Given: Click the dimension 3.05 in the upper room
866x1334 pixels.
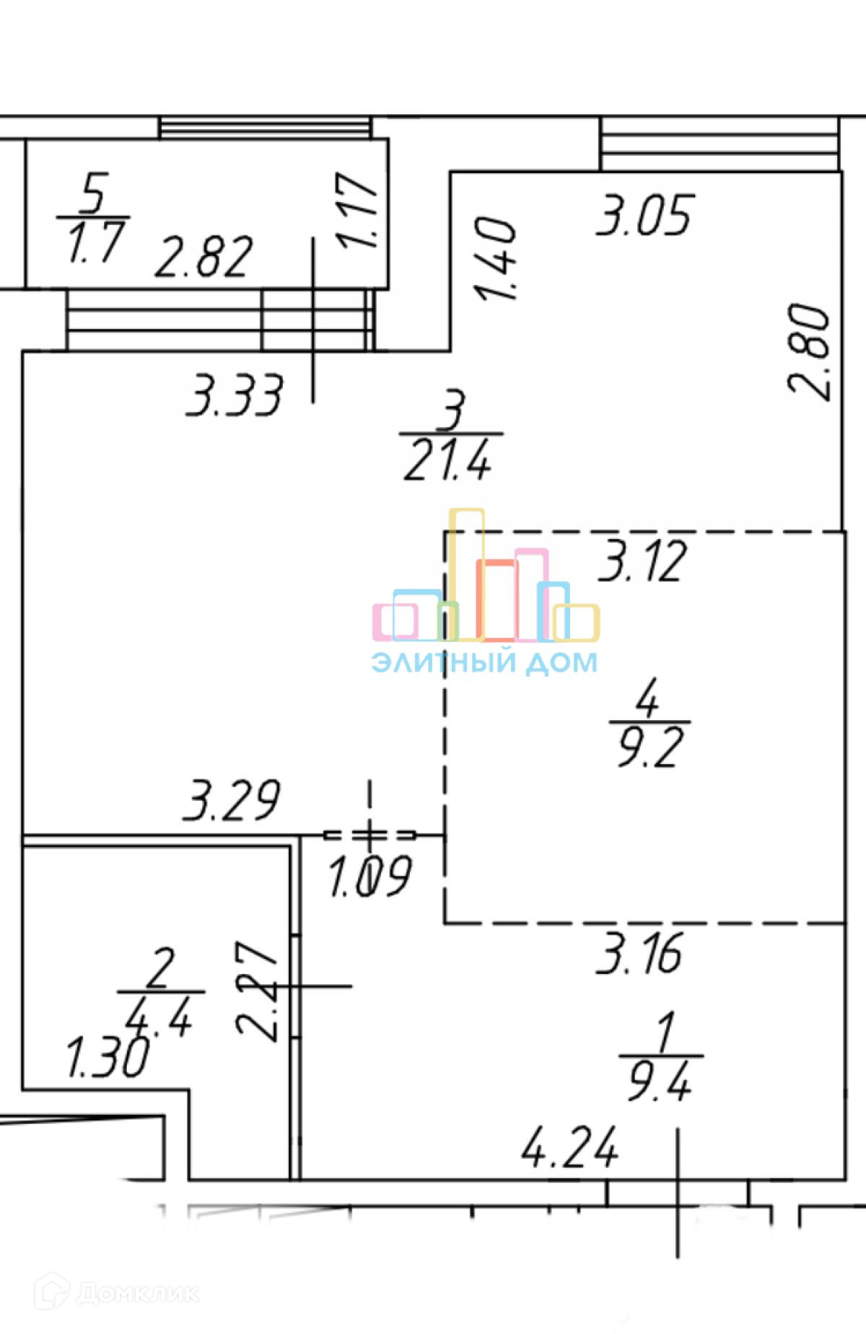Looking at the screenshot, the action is (x=644, y=214).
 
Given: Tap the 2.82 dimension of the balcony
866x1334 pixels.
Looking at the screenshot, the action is (x=204, y=256).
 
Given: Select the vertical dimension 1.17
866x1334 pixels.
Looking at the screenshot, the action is (x=358, y=209).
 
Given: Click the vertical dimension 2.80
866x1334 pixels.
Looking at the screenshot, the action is (x=809, y=351).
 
